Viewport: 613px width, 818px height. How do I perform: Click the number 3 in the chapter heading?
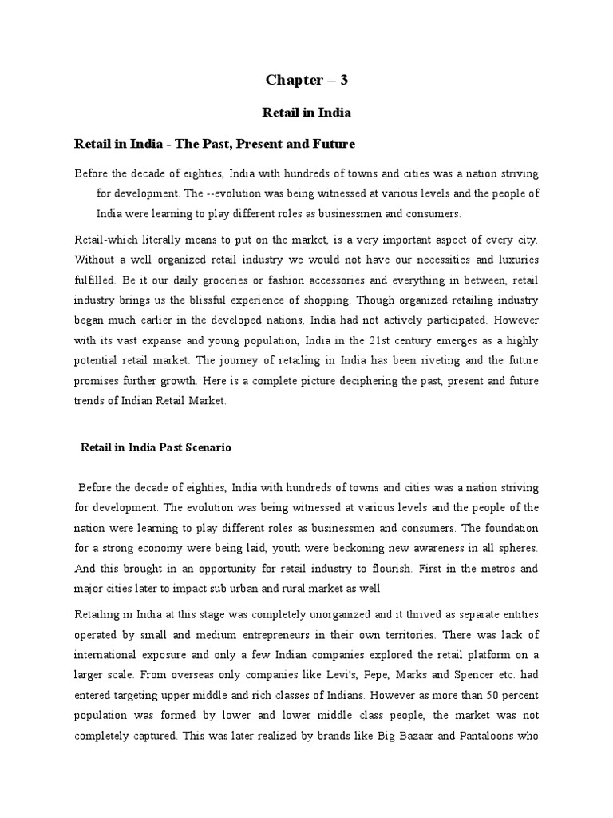tap(344, 80)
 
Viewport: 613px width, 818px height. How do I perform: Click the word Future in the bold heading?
tap(331, 145)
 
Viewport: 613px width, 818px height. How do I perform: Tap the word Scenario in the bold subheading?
tap(205, 448)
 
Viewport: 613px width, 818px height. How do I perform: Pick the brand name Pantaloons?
tap(490, 737)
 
